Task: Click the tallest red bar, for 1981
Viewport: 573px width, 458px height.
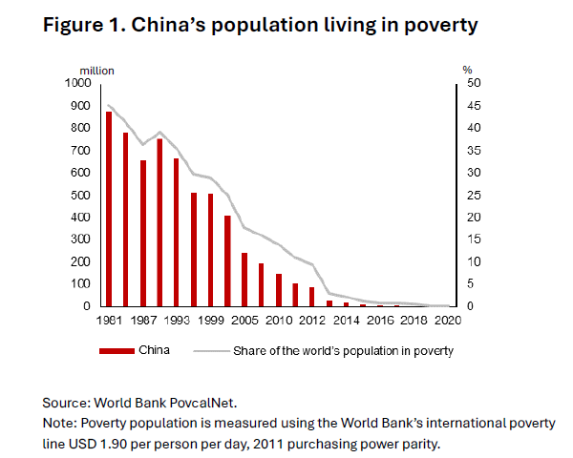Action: pyautogui.click(x=109, y=209)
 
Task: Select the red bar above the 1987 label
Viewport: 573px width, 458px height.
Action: pyautogui.click(x=143, y=233)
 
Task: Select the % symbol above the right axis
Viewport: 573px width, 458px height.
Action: pyautogui.click(x=467, y=70)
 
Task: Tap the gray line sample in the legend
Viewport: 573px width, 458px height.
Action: pyautogui.click(x=211, y=350)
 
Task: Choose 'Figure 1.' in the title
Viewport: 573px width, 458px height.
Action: pyautogui.click(x=85, y=26)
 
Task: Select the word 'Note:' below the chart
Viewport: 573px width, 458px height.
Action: pyautogui.click(x=62, y=423)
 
